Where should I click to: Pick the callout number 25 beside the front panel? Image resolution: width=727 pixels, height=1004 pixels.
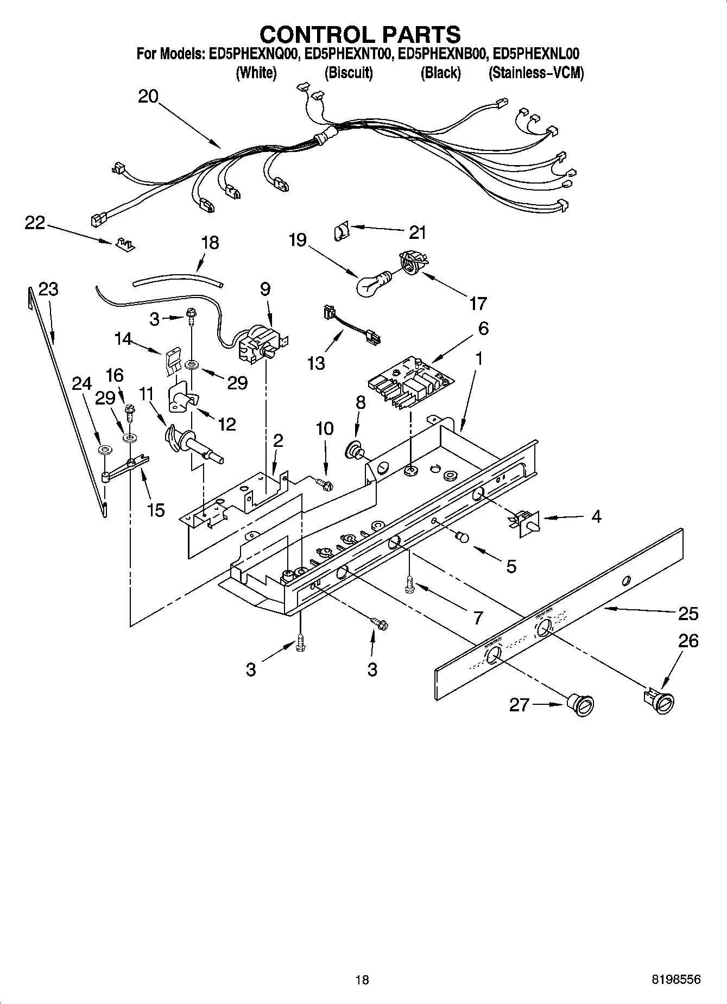coord(688,614)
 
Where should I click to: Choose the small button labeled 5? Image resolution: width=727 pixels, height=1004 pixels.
coord(462,537)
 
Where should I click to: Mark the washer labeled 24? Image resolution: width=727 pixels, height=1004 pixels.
coord(104,450)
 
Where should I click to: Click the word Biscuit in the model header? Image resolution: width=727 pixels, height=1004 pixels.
coord(349,73)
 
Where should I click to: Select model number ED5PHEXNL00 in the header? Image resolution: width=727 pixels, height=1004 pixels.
coord(536,54)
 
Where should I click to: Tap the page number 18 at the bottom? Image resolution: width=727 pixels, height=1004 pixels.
coord(362,980)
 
